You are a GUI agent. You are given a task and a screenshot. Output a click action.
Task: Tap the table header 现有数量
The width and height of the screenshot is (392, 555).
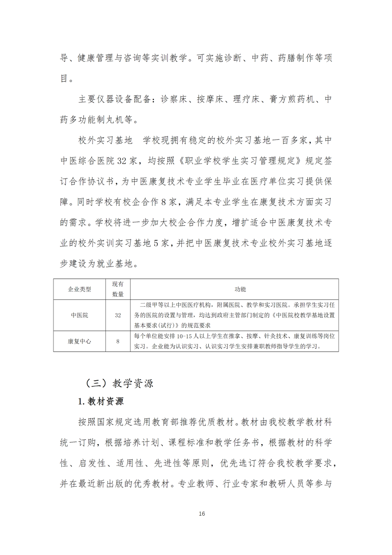click(118, 289)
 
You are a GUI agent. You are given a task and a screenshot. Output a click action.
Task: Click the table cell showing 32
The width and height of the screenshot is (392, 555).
click(118, 316)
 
